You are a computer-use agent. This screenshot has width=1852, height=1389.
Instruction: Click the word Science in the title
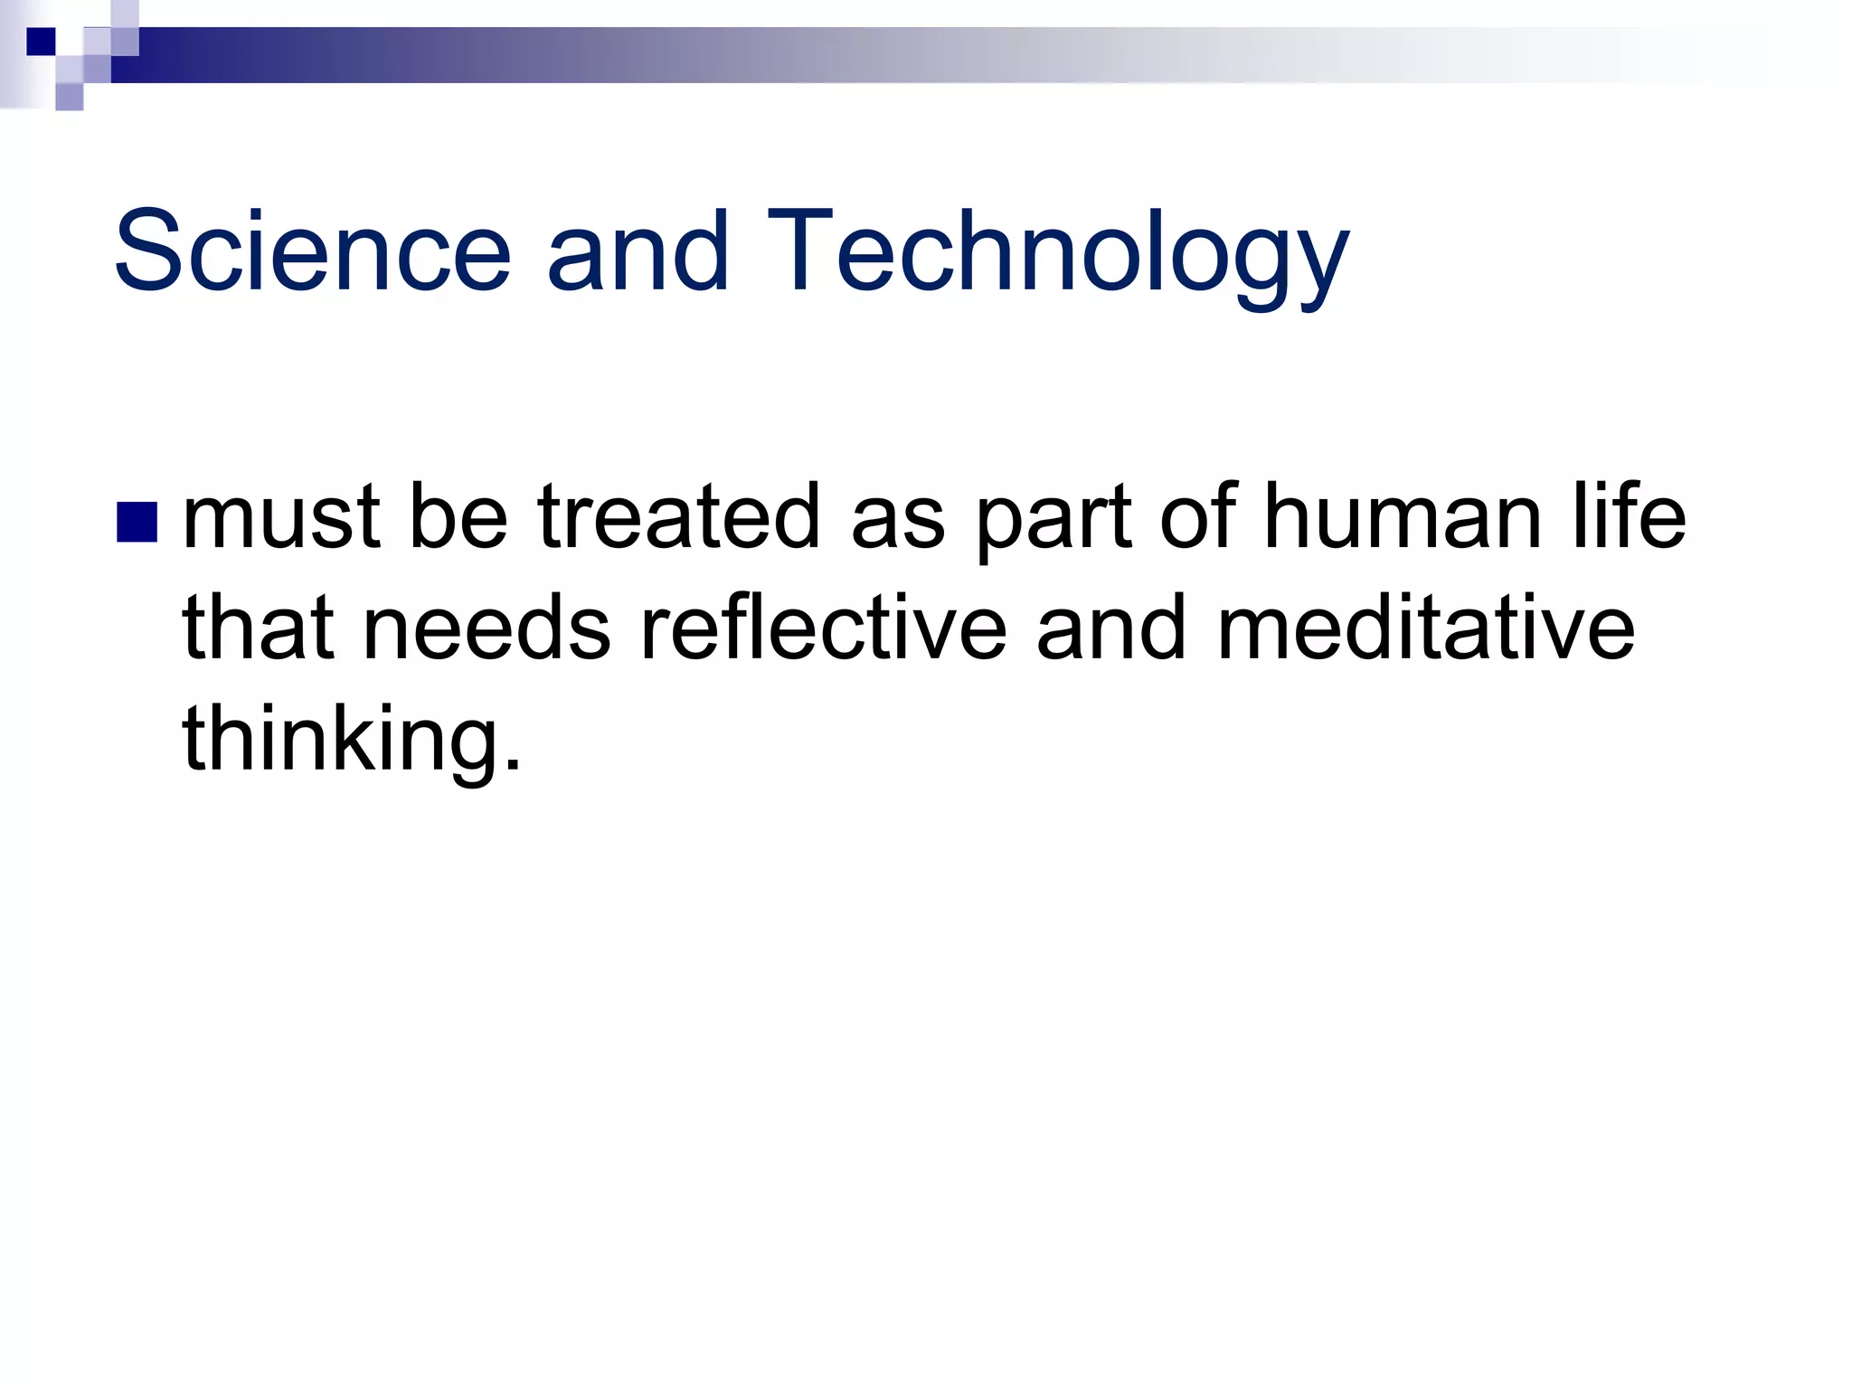click(x=312, y=250)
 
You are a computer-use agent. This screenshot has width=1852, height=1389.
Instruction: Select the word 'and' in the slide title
click(x=638, y=250)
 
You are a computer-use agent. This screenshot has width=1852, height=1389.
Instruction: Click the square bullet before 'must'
click(x=137, y=522)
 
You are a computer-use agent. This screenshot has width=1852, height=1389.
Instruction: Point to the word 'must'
click(x=281, y=517)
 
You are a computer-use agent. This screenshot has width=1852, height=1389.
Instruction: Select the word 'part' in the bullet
click(x=1054, y=520)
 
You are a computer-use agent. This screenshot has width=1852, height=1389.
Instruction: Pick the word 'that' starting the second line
click(x=258, y=628)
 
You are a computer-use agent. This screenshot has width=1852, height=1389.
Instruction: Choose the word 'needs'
click(x=487, y=628)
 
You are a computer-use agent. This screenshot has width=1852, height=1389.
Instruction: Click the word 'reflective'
click(x=823, y=628)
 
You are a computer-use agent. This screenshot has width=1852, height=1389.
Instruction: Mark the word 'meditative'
click(x=1426, y=628)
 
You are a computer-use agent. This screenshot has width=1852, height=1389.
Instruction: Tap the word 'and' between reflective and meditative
click(x=1110, y=628)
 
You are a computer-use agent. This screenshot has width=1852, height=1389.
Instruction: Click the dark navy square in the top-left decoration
click(x=41, y=42)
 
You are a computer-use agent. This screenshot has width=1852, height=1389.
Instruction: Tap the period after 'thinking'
click(x=514, y=764)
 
